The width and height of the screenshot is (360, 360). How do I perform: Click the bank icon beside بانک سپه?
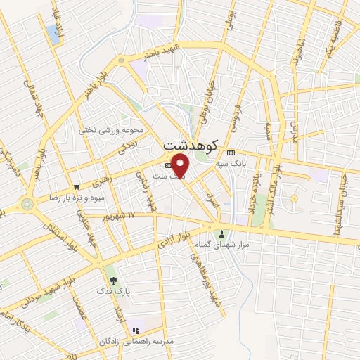click(231, 152)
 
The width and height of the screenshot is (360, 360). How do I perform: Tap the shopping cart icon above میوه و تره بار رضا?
click(77, 187)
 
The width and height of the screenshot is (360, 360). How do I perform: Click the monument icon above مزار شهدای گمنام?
click(223, 233)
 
